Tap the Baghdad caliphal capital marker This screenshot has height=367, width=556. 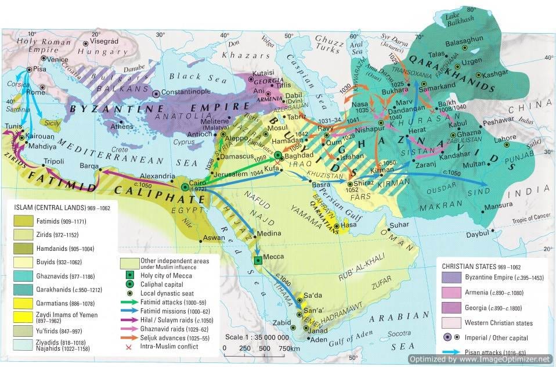[279, 155]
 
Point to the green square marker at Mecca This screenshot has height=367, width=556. [257, 261]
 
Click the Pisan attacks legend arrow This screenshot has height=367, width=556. [448, 352]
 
